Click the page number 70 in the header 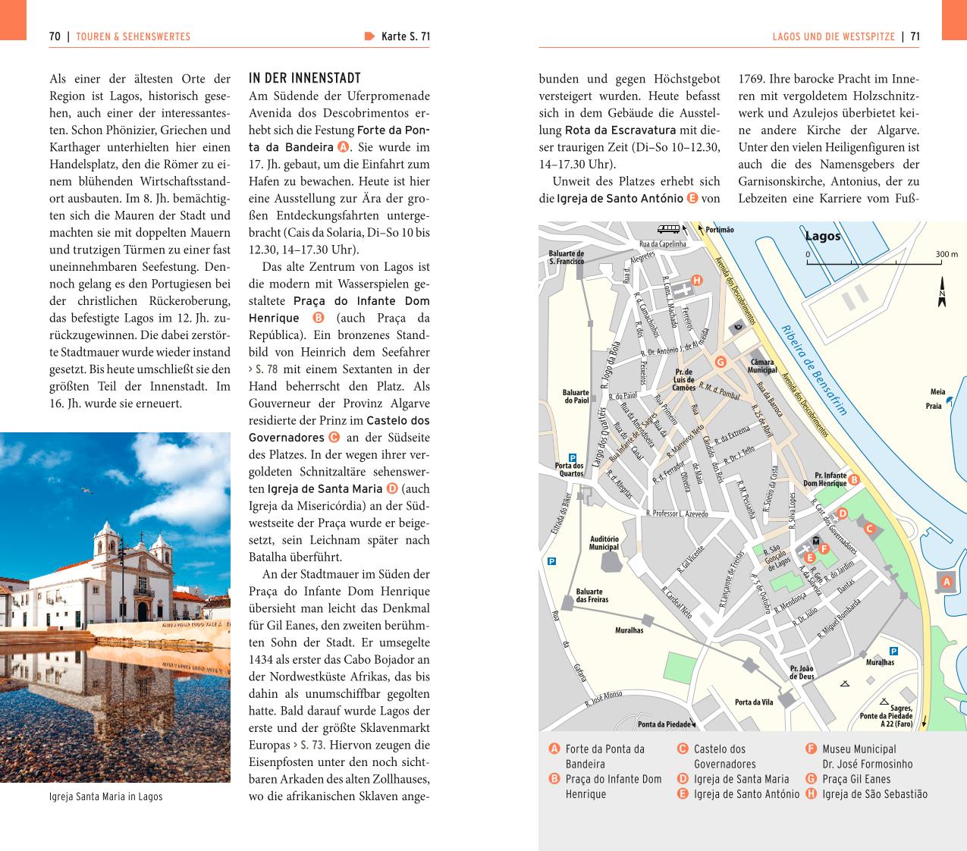pos(55,36)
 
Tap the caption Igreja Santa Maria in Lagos pos(105,796)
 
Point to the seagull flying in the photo pos(87,491)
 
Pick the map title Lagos pos(823,236)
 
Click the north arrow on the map pos(942,292)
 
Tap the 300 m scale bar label pos(947,255)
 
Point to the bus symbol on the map pos(669,228)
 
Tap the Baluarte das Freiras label pos(592,595)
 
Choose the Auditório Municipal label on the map pos(604,543)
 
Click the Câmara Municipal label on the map pos(762,366)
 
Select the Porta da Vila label pos(754,702)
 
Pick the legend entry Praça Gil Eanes pos(856,779)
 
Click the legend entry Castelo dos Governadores pos(724,756)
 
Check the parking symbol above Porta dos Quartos pos(573,457)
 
